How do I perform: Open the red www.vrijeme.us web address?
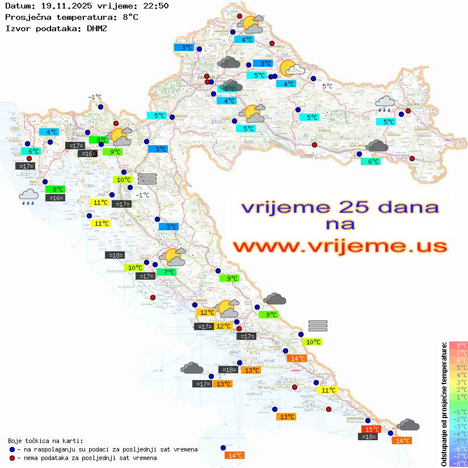(x=340, y=246)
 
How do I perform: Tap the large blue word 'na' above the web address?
(x=340, y=225)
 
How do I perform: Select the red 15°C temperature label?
(x=372, y=429)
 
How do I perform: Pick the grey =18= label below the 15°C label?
(x=369, y=437)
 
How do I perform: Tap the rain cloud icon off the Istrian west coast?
(x=28, y=197)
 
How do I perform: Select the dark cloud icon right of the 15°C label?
(x=407, y=425)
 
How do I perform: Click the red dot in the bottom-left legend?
(x=12, y=458)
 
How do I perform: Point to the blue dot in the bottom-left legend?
(x=12, y=449)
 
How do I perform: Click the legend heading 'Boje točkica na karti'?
(x=45, y=441)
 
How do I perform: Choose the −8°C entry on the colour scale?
(x=458, y=463)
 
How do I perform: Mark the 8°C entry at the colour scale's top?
(x=458, y=345)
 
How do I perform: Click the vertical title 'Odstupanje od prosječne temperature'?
(x=444, y=404)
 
